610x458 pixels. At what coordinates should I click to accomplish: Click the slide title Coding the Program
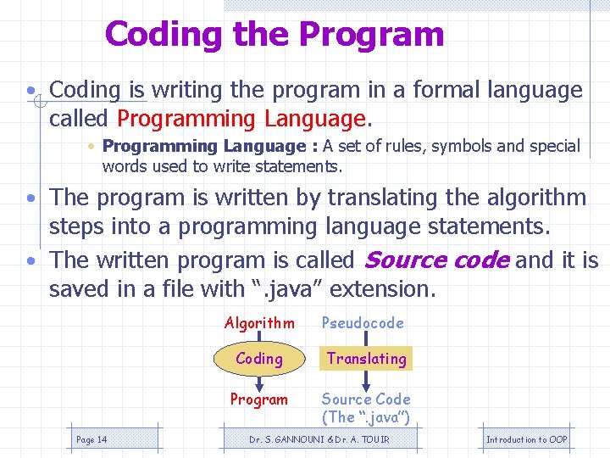point(274,35)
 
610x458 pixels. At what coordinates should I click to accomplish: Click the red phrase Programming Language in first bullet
point(241,119)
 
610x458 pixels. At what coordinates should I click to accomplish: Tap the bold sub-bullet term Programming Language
point(203,147)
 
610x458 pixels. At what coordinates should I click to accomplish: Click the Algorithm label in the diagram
point(259,323)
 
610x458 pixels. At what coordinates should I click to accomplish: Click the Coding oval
point(259,359)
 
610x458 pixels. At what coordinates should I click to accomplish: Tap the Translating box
point(367,359)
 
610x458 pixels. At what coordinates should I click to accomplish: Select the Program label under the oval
point(259,399)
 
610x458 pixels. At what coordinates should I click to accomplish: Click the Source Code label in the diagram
point(366,399)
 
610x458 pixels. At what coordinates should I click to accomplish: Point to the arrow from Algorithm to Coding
point(259,338)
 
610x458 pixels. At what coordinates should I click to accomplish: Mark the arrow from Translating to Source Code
point(367,380)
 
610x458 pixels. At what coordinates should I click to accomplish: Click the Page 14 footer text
point(91,439)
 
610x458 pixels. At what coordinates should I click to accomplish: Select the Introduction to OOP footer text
point(527,439)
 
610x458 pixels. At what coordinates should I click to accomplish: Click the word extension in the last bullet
point(382,289)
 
